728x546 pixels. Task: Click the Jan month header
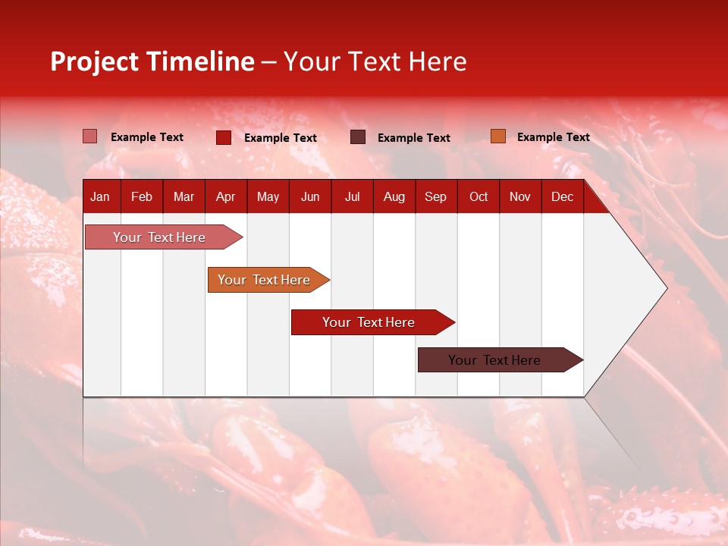point(100,197)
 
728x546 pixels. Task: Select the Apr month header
point(225,197)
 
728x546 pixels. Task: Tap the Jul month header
point(352,197)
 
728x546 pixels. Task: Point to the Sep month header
point(435,197)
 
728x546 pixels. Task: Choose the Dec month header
point(562,197)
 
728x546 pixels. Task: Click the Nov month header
point(519,197)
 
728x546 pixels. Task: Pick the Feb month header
point(142,197)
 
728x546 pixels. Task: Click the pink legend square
point(90,136)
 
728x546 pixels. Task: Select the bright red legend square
point(224,137)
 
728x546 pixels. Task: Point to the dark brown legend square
point(358,137)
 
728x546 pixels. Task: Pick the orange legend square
point(497,136)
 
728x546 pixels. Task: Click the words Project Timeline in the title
point(152,61)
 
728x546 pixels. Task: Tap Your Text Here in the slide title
point(375,61)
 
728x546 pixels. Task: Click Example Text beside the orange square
point(553,137)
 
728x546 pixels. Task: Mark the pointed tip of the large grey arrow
point(665,288)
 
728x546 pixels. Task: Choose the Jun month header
point(310,197)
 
